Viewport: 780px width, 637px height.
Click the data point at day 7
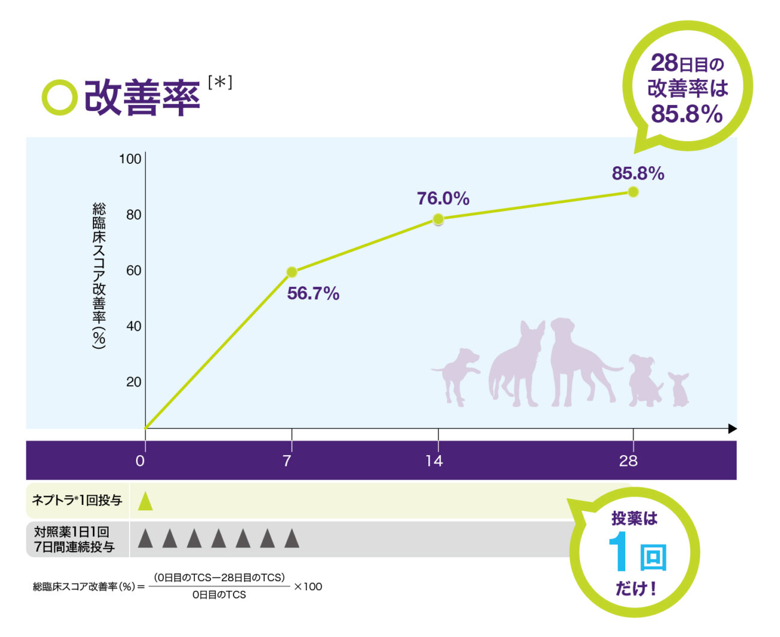[x=292, y=272]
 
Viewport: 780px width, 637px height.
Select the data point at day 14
[x=438, y=220]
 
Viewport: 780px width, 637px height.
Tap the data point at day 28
[x=633, y=192]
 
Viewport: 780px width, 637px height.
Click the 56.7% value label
[x=313, y=294]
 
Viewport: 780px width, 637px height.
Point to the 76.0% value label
[x=443, y=199]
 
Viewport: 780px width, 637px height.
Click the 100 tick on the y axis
[x=130, y=159]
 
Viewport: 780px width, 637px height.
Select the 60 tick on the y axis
[x=134, y=271]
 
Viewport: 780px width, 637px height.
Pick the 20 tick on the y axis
[x=134, y=382]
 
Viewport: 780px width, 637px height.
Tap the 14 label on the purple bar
[x=434, y=461]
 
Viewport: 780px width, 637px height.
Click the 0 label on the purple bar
[x=140, y=461]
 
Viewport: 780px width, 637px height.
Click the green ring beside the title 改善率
[x=59, y=97]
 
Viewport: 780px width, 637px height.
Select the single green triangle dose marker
[x=145, y=501]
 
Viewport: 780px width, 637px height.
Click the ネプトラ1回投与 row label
[x=77, y=500]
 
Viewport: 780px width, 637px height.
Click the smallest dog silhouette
[x=680, y=389]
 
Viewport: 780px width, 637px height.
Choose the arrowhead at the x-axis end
[x=732, y=429]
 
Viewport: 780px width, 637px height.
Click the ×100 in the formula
[x=308, y=587]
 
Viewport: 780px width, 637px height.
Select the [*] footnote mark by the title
[x=220, y=82]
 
